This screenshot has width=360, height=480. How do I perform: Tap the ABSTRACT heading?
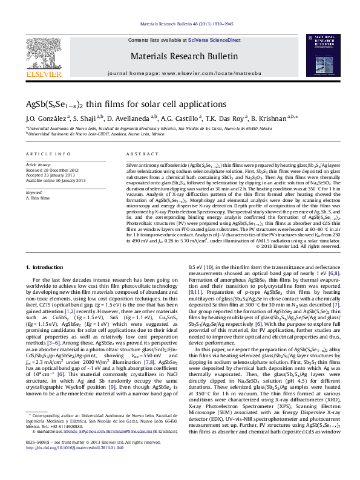[x=139, y=155]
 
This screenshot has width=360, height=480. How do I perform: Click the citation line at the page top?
[x=180, y=25]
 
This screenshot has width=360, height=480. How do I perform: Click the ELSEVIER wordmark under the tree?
[x=45, y=74]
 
